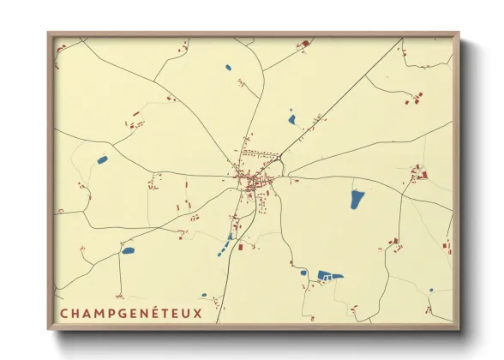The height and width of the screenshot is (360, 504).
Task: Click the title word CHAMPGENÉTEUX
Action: [x=131, y=313]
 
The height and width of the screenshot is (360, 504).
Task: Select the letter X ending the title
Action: [x=199, y=313]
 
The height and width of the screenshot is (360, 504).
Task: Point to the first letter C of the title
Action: [x=64, y=313]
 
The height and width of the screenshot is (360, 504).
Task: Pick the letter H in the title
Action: [x=77, y=313]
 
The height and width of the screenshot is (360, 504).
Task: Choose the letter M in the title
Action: [x=99, y=313]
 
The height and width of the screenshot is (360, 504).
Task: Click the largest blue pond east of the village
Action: [x=357, y=199]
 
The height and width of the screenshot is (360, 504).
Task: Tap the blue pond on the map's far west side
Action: [x=102, y=159]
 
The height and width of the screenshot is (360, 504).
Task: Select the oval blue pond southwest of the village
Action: [x=128, y=251]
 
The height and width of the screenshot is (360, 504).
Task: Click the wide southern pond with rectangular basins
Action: [x=328, y=275]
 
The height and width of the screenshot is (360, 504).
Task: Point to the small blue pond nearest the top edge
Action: [x=227, y=67]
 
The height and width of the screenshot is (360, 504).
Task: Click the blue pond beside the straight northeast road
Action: [x=291, y=119]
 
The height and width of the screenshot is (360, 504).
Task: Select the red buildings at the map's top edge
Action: [x=304, y=42]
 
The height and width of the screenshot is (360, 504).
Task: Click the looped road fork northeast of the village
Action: [x=278, y=159]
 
